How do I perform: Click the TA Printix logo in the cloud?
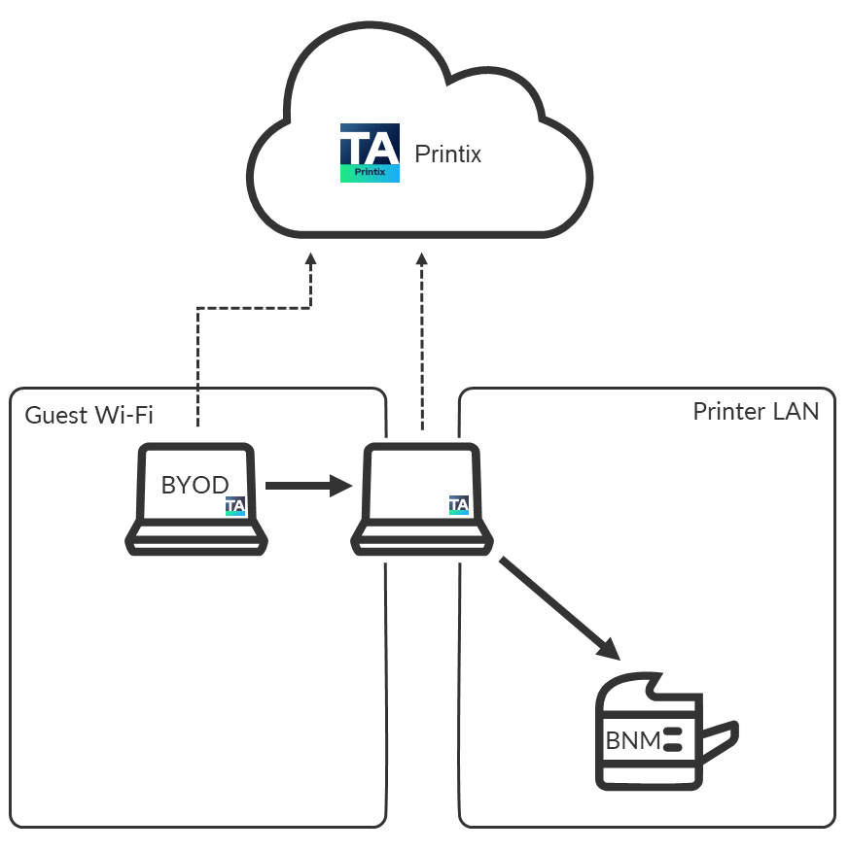pyautogui.click(x=370, y=153)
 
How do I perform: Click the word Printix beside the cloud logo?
pyautogui.click(x=447, y=153)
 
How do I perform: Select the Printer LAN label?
pyautogui.click(x=756, y=411)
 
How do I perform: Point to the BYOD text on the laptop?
pyautogui.click(x=195, y=485)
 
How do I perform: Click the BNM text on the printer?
pyautogui.click(x=632, y=741)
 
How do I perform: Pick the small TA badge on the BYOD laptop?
pyautogui.click(x=234, y=506)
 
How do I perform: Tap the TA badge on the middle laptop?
pyautogui.click(x=458, y=505)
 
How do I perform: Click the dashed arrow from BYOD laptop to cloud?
pyautogui.click(x=253, y=309)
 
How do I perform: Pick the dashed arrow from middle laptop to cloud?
pyautogui.click(x=421, y=340)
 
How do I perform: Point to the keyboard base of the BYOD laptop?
pyautogui.click(x=197, y=539)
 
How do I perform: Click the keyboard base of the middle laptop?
pyautogui.click(x=420, y=539)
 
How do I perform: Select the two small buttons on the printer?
pyautogui.click(x=675, y=741)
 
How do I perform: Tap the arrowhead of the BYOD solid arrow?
pyautogui.click(x=339, y=484)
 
